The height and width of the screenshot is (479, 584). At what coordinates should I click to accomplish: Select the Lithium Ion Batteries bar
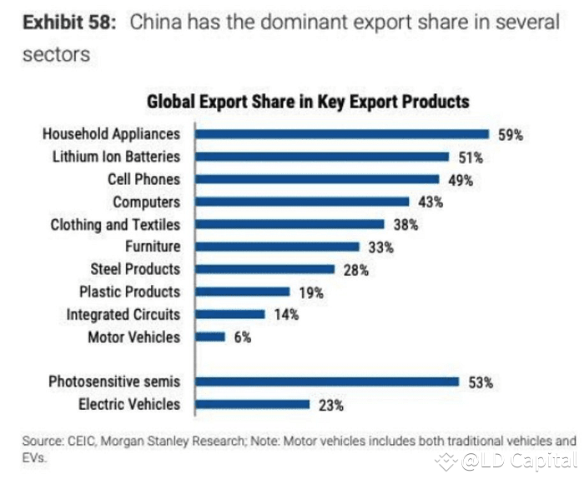click(x=320, y=156)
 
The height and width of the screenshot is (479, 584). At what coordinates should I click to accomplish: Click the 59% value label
click(x=510, y=134)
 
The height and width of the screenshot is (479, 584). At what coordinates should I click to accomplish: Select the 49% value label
click(x=461, y=179)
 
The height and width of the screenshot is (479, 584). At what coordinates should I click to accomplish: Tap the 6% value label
click(x=243, y=337)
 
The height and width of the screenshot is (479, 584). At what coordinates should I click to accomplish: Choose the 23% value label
click(x=330, y=405)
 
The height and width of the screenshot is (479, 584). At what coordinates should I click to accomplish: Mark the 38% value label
click(x=406, y=224)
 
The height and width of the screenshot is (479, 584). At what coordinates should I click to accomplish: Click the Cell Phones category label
click(x=143, y=179)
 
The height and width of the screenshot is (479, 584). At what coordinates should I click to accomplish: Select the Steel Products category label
click(x=135, y=269)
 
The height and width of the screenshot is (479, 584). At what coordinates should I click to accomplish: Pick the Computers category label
click(x=146, y=202)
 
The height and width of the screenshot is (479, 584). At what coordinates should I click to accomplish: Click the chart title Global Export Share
click(x=308, y=102)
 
